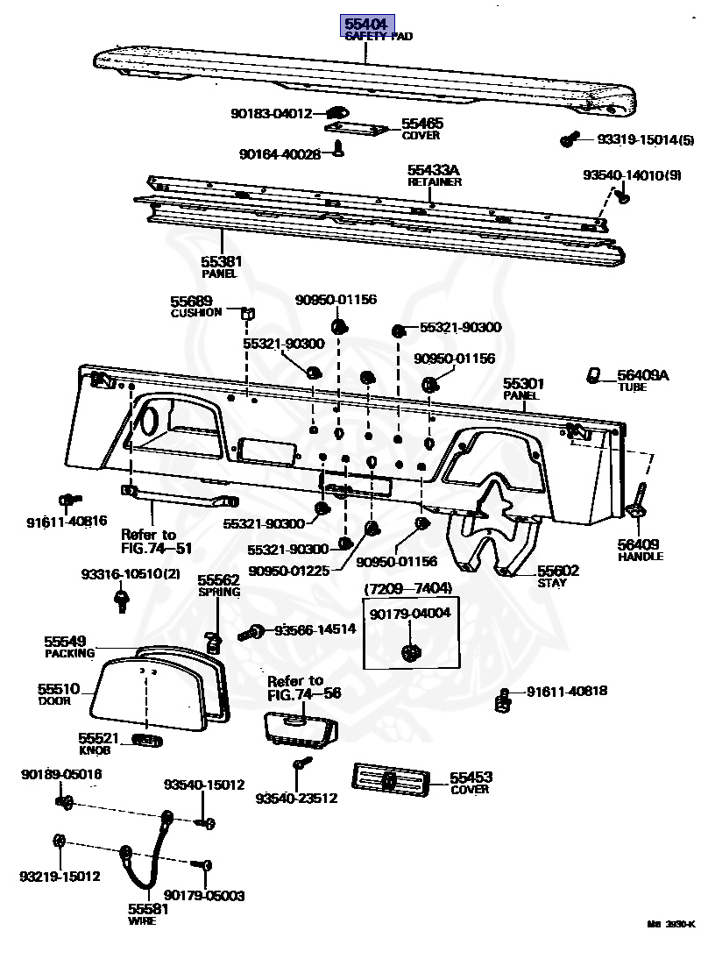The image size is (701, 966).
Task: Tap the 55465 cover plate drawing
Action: [357, 128]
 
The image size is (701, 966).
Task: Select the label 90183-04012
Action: [272, 113]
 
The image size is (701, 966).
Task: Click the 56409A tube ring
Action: [594, 375]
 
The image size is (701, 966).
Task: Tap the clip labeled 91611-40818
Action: [504, 699]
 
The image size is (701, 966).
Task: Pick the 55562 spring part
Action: [211, 642]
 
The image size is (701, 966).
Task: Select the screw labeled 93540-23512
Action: [301, 765]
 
